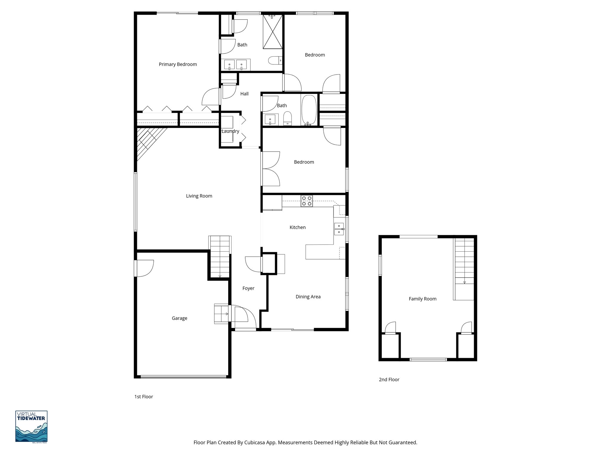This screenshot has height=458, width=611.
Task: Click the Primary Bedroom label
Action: (178, 64)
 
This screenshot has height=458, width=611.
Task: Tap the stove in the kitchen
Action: (307, 201)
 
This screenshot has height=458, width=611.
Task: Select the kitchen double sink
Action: (339, 229)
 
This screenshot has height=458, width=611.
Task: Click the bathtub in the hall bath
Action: (309, 110)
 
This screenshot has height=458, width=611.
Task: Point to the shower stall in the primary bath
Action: (272, 32)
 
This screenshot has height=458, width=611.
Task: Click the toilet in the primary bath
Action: (275, 61)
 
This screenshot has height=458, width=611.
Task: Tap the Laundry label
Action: (230, 131)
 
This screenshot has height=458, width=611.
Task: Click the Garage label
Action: (179, 318)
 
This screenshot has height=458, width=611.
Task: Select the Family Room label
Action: (422, 299)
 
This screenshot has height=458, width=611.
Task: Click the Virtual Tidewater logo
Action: (31, 426)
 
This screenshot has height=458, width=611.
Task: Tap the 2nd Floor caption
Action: (389, 380)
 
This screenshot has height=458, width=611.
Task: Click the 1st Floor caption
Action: (144, 397)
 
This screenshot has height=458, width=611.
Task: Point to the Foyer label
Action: (248, 288)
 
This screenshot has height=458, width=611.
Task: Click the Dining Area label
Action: (308, 297)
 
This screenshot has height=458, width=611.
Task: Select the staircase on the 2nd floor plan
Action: (464, 262)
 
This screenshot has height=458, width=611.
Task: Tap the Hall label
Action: (244, 94)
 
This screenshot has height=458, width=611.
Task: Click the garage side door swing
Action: (144, 268)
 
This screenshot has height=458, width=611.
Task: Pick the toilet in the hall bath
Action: (288, 118)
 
